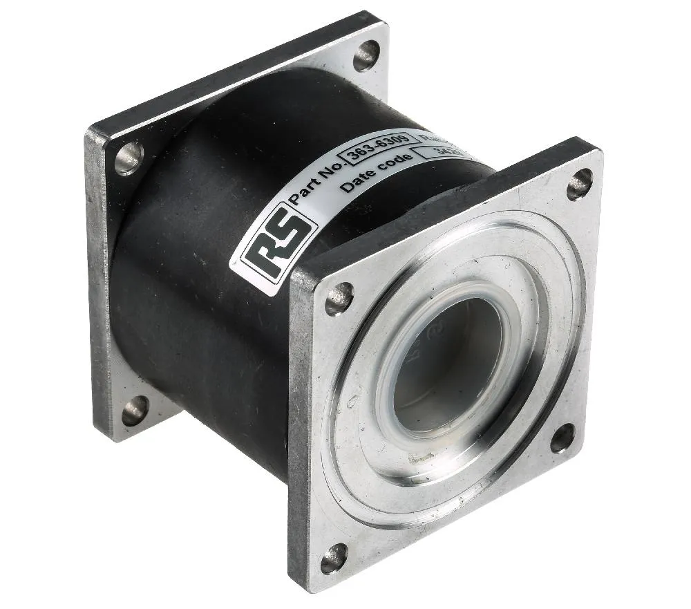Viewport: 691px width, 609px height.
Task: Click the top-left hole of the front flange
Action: [338, 298]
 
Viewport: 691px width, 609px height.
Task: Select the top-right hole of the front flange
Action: [579, 185]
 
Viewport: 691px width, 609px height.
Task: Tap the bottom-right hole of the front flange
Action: [562, 438]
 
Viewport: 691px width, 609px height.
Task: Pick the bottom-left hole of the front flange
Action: [334, 558]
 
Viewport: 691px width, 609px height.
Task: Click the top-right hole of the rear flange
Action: [366, 55]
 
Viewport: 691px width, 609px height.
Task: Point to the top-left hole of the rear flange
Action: [129, 158]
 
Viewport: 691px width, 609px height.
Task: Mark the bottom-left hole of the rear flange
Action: [135, 411]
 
